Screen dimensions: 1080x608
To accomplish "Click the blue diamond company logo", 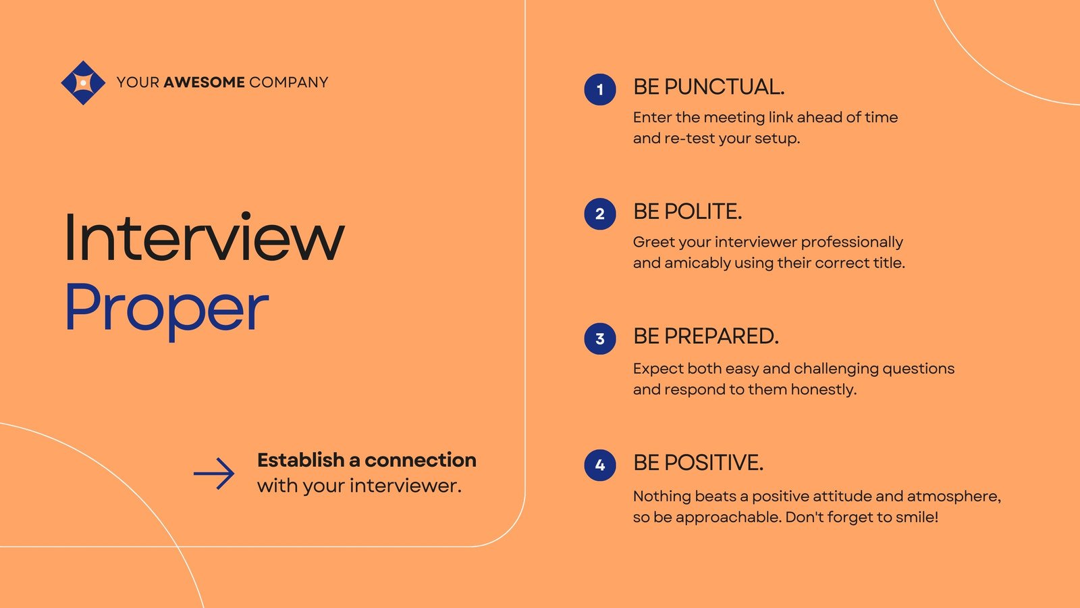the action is (83, 82).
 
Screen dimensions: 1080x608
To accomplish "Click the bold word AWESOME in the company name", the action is (204, 82).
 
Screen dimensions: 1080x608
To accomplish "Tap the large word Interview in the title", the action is (205, 237).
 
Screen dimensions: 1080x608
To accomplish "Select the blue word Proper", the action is (167, 309).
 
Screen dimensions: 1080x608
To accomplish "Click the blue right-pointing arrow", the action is (214, 474).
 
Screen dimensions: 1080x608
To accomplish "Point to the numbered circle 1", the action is (600, 89).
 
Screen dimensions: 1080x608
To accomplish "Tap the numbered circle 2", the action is (600, 213).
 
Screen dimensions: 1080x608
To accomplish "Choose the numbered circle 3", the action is (600, 338).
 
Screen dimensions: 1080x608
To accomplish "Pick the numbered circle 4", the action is (600, 465).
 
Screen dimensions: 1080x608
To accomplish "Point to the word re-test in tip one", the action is (689, 138).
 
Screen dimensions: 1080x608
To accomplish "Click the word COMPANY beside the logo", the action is (289, 82).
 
